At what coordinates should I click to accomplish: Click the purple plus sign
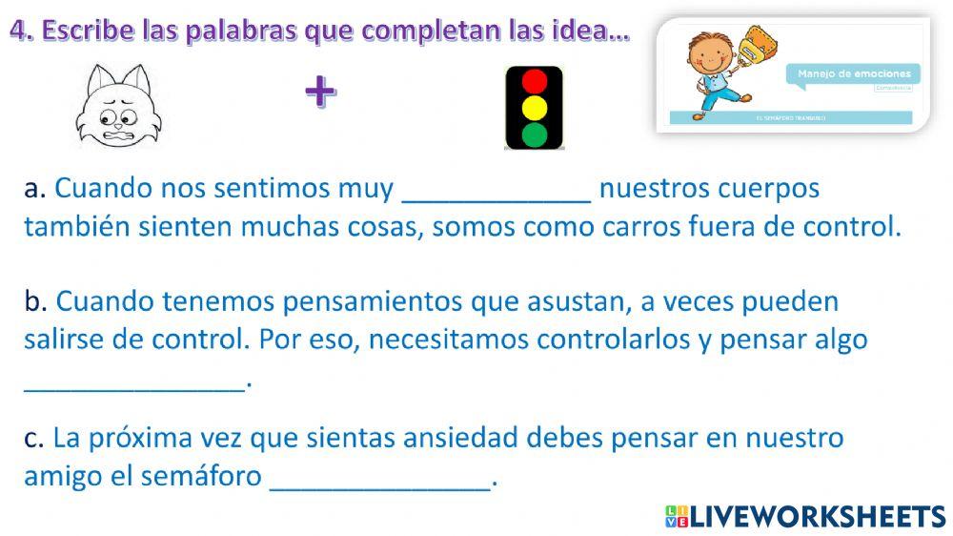[320, 92]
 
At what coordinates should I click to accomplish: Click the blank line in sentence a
[497, 195]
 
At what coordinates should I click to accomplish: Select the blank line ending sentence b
[134, 384]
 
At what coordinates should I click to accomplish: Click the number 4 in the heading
[19, 31]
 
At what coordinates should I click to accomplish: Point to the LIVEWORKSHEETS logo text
[816, 517]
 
